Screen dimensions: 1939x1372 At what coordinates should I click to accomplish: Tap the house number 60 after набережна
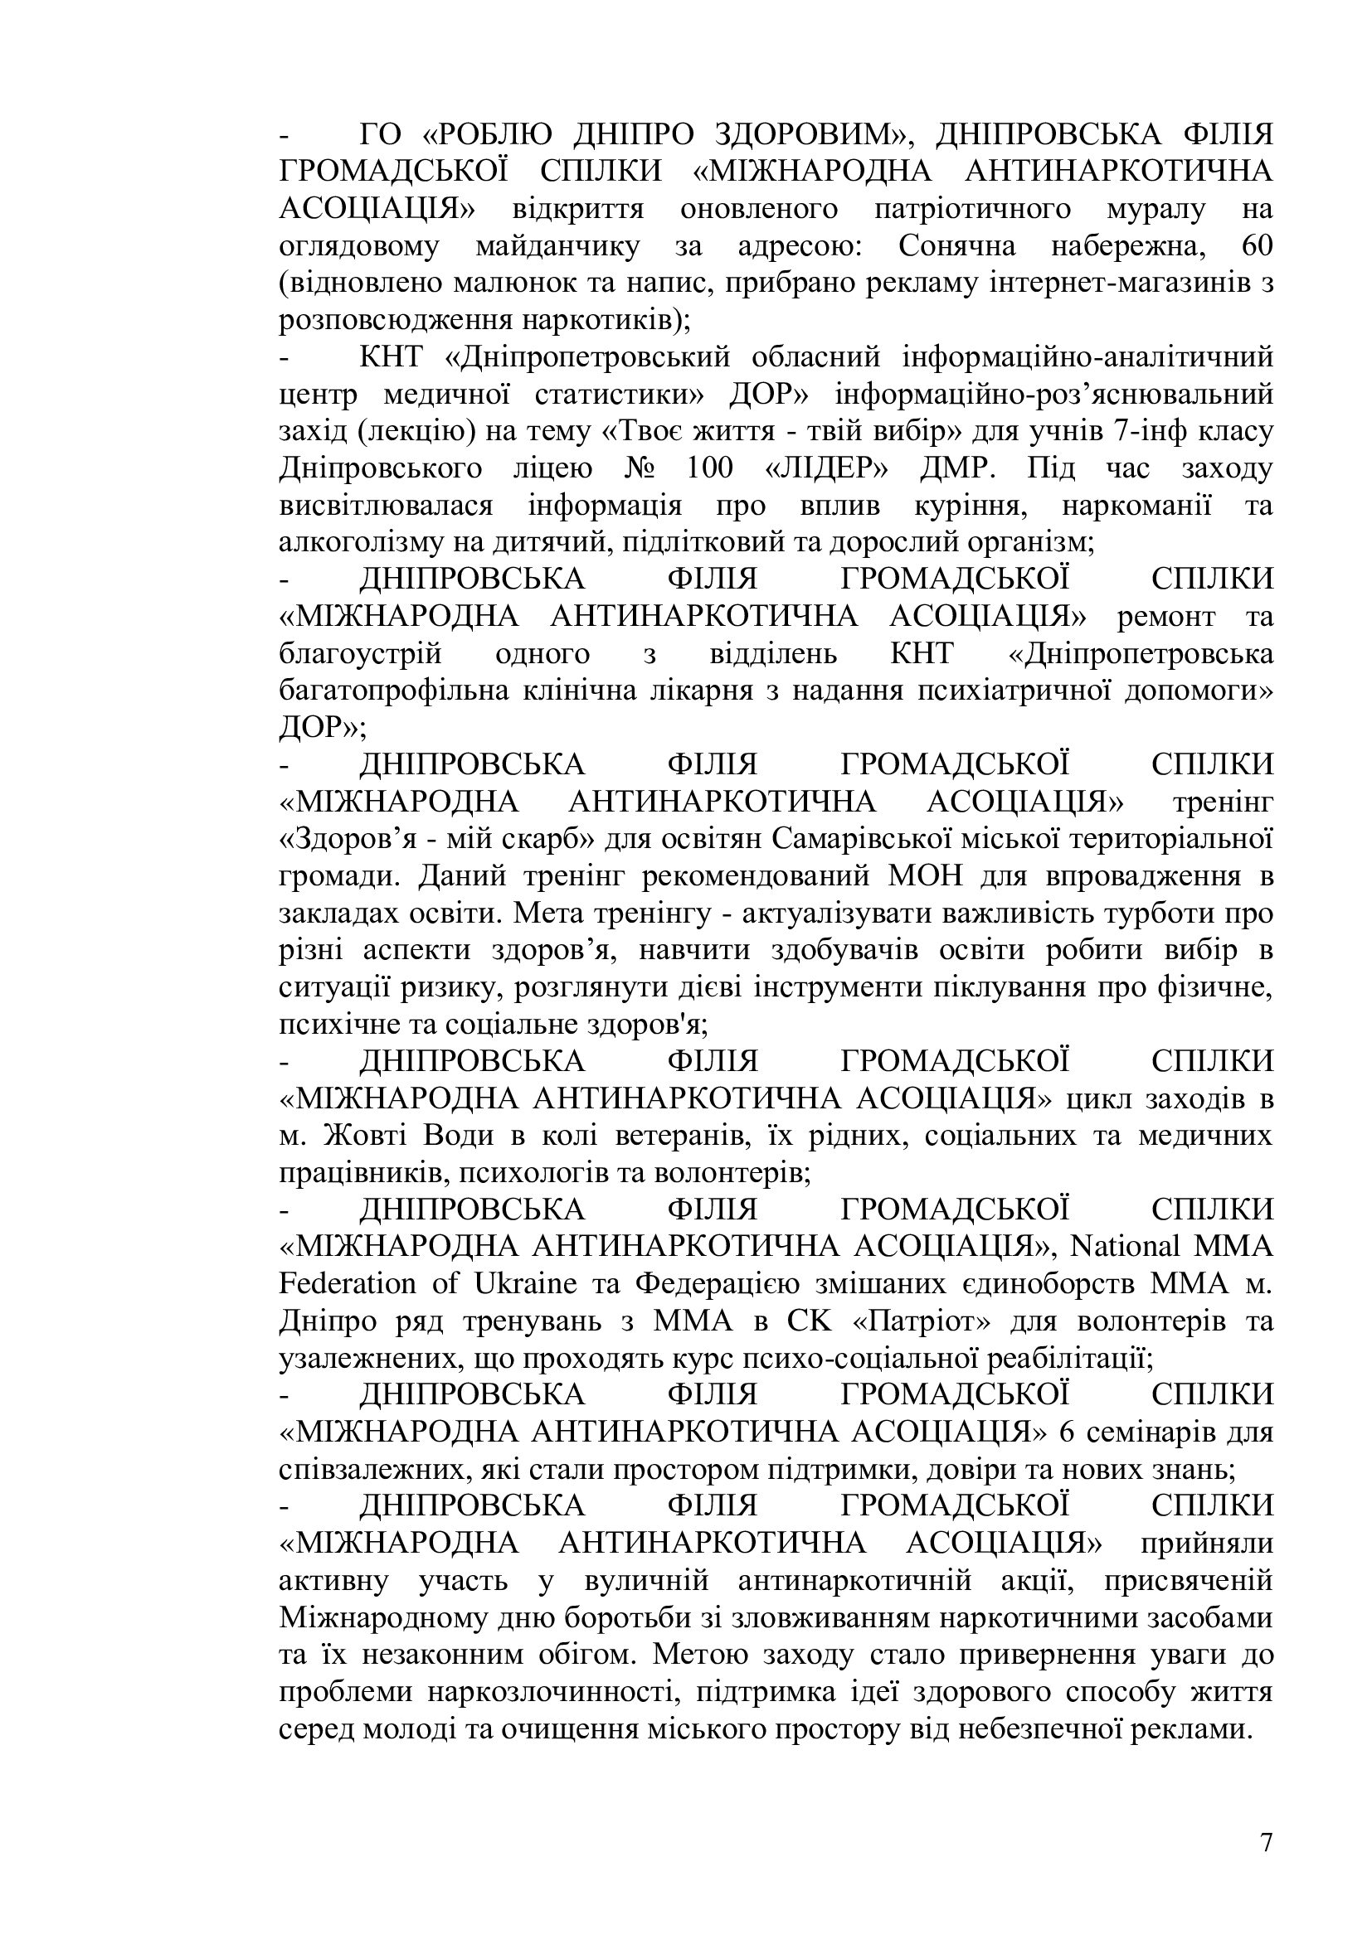pyautogui.click(x=1253, y=245)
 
